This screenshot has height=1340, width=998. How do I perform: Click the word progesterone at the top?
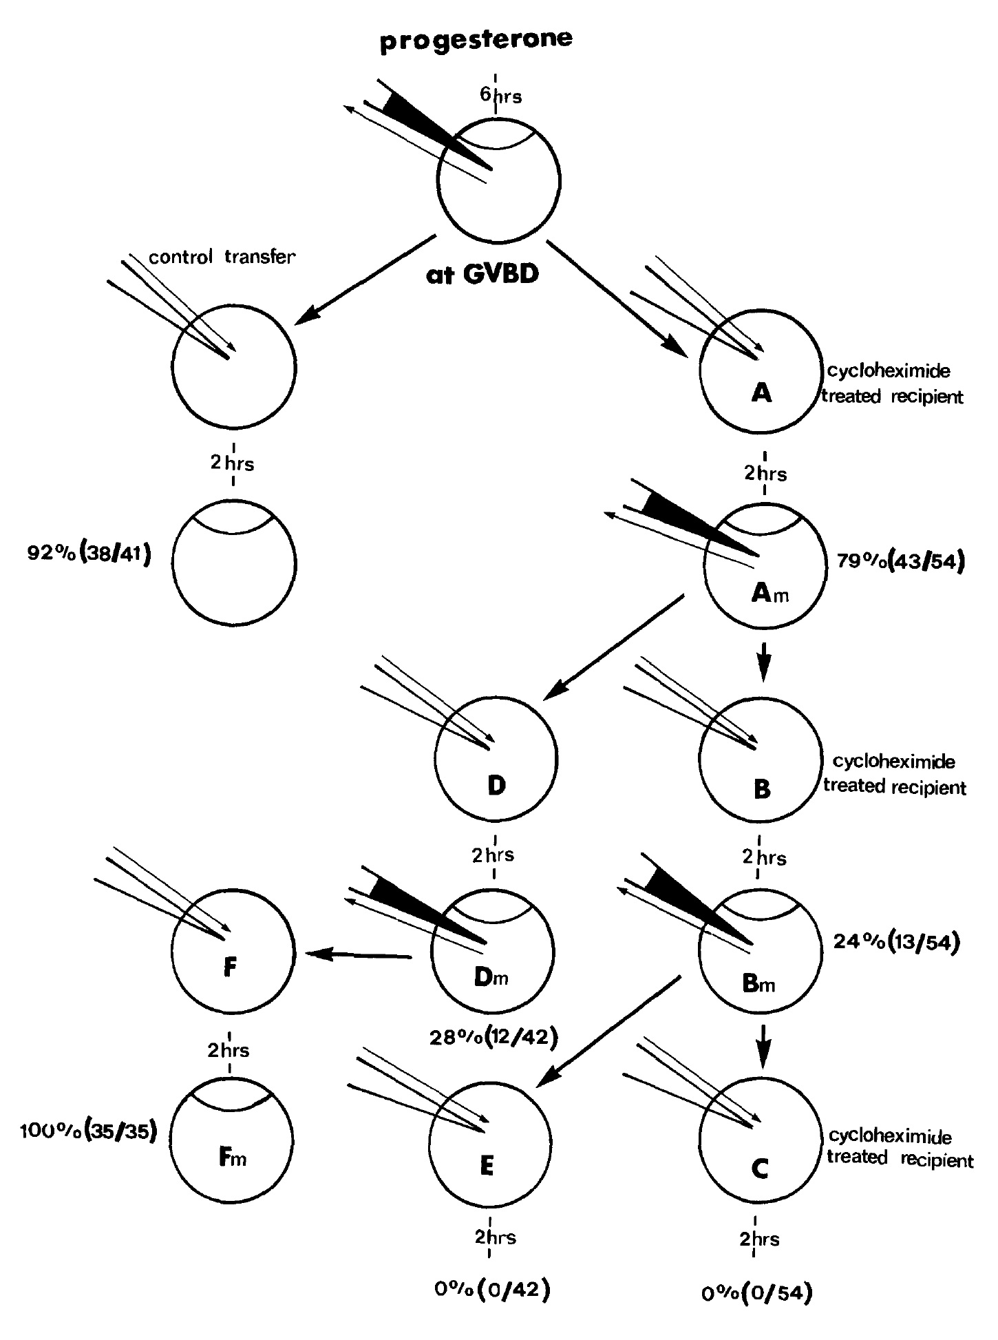(476, 40)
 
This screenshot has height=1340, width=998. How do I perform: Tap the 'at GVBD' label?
(482, 275)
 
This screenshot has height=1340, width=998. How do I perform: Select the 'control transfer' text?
(222, 258)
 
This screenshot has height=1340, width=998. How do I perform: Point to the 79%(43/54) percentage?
(900, 561)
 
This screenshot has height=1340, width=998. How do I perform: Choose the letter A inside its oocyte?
(761, 393)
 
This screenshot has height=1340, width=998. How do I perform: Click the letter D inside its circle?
(496, 786)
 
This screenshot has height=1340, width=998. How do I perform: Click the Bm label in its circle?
(758, 985)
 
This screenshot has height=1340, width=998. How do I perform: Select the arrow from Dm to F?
(359, 955)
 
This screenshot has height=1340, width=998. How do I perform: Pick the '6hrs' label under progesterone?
(500, 96)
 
